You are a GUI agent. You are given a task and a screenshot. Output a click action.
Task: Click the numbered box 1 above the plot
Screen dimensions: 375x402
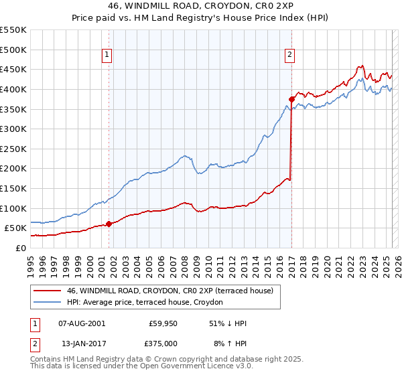(x=107, y=56)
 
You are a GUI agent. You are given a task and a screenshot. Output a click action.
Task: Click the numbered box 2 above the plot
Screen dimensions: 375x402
(x=289, y=56)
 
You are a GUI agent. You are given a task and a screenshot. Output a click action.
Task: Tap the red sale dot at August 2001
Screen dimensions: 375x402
(x=109, y=224)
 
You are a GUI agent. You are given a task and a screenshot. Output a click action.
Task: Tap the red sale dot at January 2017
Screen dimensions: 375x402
(x=291, y=100)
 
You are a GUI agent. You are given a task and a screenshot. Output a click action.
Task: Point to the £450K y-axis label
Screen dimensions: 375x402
(x=13, y=70)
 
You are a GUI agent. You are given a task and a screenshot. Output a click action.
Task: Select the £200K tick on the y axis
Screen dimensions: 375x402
(x=13, y=169)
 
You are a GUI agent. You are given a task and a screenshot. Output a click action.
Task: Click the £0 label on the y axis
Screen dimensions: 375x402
(x=20, y=248)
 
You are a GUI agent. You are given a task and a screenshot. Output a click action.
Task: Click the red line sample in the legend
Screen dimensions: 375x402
(x=48, y=291)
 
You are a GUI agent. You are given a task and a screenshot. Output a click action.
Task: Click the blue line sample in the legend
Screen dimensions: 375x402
(x=48, y=303)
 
